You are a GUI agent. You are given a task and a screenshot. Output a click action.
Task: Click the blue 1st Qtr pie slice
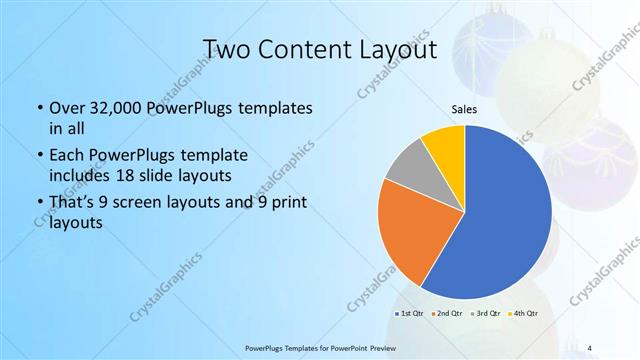point(505,215)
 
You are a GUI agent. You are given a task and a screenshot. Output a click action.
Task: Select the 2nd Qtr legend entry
point(447,314)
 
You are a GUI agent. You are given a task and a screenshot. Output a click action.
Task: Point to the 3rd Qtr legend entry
point(485,314)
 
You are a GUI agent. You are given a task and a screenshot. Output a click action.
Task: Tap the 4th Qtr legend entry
point(523,314)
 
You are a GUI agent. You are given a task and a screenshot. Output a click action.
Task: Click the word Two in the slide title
point(227,49)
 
